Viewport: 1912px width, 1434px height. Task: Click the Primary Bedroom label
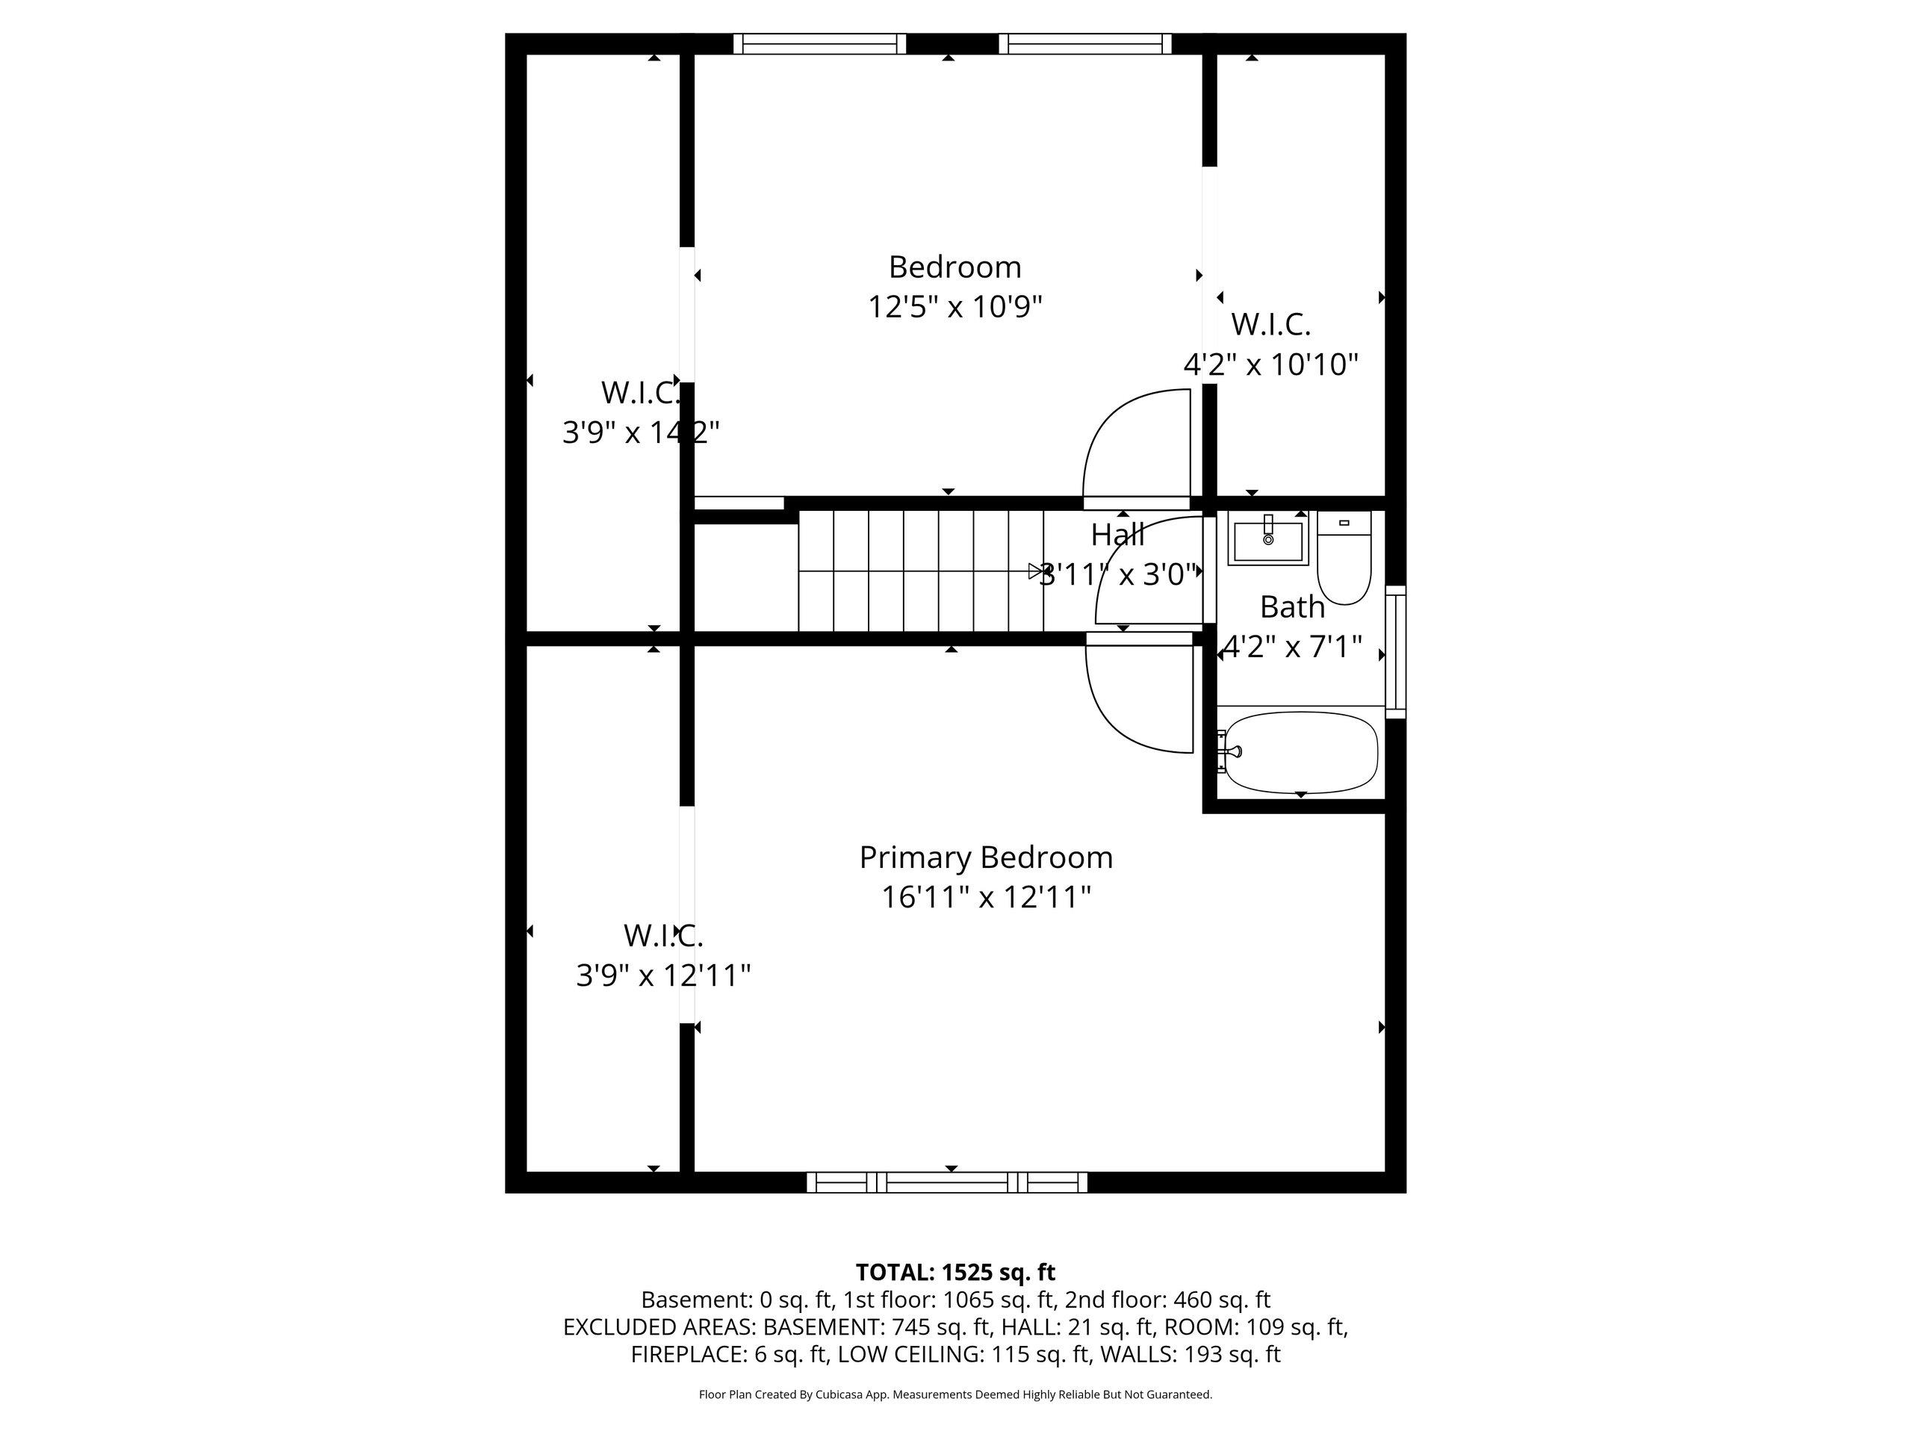(x=985, y=857)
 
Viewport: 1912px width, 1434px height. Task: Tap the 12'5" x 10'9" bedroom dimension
(x=955, y=306)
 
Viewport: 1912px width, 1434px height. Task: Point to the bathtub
(x=1301, y=752)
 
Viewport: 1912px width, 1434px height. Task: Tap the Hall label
(x=1117, y=535)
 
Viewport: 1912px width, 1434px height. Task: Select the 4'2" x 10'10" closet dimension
(x=1270, y=364)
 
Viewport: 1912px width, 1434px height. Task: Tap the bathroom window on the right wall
(x=1395, y=652)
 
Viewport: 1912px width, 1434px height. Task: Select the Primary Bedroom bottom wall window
(x=947, y=1182)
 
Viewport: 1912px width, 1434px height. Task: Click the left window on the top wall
(x=819, y=44)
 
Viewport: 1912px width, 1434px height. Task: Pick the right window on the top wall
(x=1084, y=44)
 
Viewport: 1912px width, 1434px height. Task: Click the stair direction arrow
(x=1034, y=571)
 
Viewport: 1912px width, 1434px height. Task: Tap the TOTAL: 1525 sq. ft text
(x=955, y=1273)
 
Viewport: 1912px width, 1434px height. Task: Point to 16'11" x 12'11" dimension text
(x=985, y=897)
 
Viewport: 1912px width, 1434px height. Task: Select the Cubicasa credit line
(x=955, y=1394)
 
